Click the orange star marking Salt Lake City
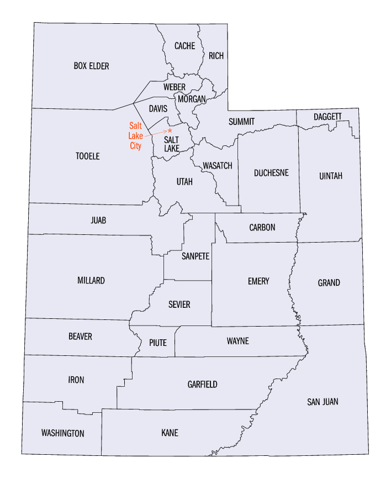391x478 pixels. pos(170,130)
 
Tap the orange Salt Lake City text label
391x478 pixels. pos(135,135)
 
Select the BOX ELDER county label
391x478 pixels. pos(91,66)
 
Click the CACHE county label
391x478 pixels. pos(184,46)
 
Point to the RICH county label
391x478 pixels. pos(215,55)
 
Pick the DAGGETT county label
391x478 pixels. pos(328,117)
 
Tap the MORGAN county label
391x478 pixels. pos(192,99)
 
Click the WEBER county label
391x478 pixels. pos(175,87)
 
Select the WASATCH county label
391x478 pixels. pos(217,166)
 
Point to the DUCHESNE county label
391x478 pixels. pos(271,173)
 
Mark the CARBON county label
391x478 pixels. pos(262,228)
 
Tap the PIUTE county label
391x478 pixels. pos(157,343)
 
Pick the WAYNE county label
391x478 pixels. pos(237,341)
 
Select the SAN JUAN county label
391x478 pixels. pos(323,402)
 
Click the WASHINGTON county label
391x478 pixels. pos(62,433)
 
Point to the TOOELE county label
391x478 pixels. pos(87,156)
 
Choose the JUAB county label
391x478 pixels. pos(98,220)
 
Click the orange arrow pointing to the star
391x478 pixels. pos(156,132)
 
